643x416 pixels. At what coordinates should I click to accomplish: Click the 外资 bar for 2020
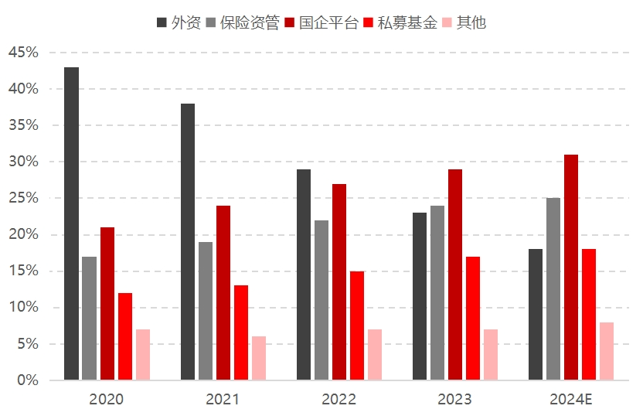coord(71,223)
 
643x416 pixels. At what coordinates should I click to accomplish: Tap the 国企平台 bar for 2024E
coord(571,268)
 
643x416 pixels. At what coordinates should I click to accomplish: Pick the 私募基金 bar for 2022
coord(357,326)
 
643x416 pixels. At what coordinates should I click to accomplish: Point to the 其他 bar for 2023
coord(491,355)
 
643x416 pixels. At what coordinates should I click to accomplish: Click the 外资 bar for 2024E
coord(536,315)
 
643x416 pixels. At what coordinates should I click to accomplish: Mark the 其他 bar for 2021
coord(259,358)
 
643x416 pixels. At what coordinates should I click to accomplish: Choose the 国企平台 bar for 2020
coord(107,304)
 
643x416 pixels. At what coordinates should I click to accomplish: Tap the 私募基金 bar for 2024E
coord(589,315)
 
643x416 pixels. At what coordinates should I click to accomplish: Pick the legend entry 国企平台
coord(322,22)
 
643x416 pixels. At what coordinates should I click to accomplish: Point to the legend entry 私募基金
coord(403,22)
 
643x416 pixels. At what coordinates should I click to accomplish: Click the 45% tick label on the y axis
coord(23,53)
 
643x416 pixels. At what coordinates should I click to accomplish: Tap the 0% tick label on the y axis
coord(28,380)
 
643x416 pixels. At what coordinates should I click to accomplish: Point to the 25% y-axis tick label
coord(23,198)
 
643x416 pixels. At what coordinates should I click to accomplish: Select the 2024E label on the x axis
coord(571,400)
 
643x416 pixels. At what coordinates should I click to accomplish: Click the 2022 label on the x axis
coord(339,400)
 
